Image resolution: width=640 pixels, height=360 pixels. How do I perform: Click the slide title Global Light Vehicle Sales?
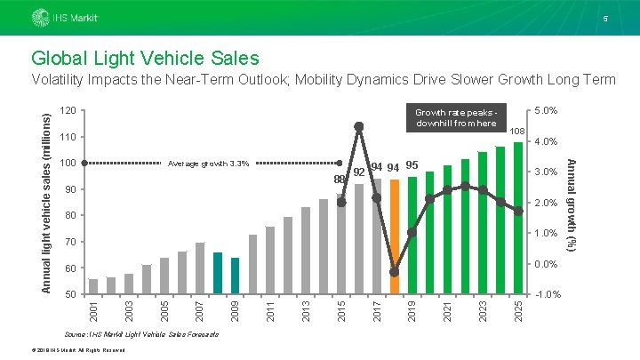(145, 58)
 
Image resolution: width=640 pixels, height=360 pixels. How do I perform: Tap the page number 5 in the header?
(605, 19)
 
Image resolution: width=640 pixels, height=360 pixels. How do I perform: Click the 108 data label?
(517, 130)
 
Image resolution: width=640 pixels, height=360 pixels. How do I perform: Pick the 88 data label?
(340, 180)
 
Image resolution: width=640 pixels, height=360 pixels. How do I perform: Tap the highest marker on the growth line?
(359, 127)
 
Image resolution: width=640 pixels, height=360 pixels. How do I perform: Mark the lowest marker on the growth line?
(395, 272)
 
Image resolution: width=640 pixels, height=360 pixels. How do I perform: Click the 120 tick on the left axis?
(68, 110)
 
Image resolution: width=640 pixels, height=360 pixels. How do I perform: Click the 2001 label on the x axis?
(94, 310)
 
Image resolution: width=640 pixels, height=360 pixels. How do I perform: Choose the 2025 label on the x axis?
(519, 310)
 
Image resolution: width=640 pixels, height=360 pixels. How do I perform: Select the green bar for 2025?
(518, 218)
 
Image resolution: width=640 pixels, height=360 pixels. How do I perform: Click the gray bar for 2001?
(93, 286)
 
